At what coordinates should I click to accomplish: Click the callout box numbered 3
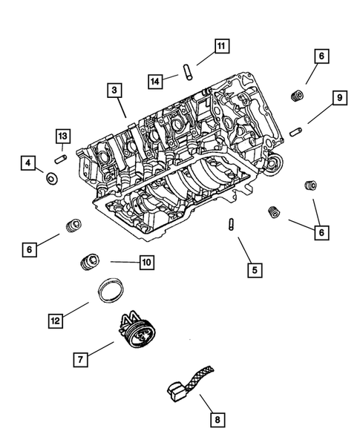click(114, 91)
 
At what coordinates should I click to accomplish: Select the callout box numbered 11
click(221, 46)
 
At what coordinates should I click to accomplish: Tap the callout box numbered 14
click(154, 79)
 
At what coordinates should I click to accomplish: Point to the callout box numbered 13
click(63, 136)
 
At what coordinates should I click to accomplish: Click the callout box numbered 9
click(338, 97)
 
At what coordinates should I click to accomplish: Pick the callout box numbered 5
click(253, 271)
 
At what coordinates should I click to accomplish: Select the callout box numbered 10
click(144, 262)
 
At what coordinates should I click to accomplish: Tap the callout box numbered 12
click(55, 321)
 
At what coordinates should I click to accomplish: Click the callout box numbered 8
click(217, 421)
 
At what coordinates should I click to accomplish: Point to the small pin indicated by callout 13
click(62, 157)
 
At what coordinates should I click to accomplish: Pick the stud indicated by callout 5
click(232, 223)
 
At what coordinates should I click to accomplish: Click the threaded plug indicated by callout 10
click(90, 261)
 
